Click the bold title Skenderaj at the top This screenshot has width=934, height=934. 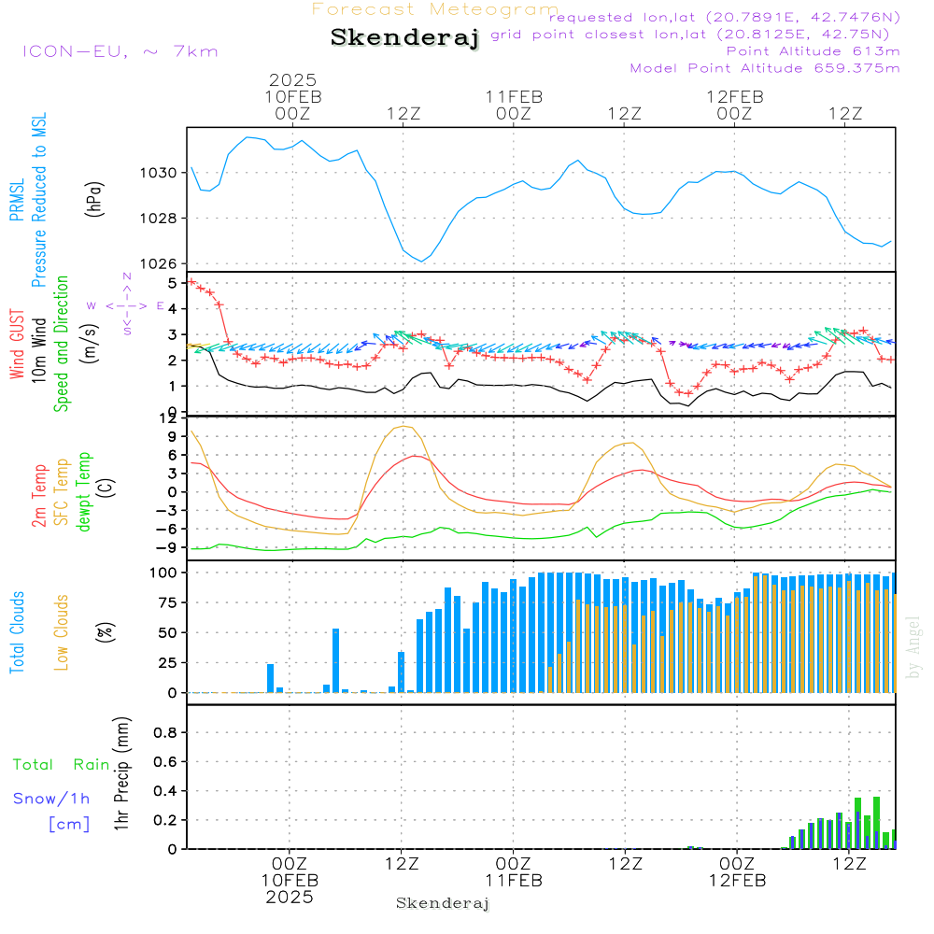(x=404, y=37)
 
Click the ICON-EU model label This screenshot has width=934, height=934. (x=75, y=51)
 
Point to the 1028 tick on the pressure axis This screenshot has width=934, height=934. (x=158, y=218)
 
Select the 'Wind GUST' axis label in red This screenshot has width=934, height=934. (x=17, y=344)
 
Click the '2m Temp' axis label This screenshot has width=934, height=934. (x=38, y=496)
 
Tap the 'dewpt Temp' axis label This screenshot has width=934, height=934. (x=83, y=491)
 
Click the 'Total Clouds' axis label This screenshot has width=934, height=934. (x=17, y=632)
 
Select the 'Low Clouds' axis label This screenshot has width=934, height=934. (x=62, y=632)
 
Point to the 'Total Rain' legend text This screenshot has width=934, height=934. (x=62, y=764)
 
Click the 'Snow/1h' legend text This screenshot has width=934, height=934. (x=51, y=799)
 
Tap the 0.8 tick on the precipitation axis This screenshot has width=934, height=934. (x=165, y=732)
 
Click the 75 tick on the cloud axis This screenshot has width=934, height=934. (x=167, y=602)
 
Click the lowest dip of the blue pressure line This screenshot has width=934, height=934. (x=422, y=262)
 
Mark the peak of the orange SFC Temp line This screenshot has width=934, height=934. (x=403, y=426)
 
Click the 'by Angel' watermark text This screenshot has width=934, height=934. (x=913, y=647)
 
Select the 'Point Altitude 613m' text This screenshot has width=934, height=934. (x=814, y=51)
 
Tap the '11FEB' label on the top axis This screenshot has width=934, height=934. (x=514, y=97)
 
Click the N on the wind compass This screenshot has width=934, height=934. (x=127, y=276)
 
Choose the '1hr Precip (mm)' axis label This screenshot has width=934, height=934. (x=121, y=773)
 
